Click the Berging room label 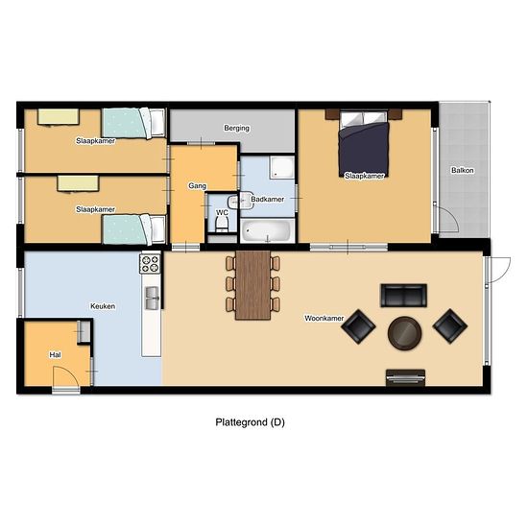click(237, 128)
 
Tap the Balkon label click(463, 170)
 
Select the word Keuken click(103, 306)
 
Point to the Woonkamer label click(324, 318)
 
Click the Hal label click(56, 355)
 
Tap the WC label click(222, 213)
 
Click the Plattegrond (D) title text click(251, 422)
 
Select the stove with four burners click(150, 264)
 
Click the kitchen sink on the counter click(152, 298)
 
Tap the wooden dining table click(253, 285)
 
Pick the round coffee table click(404, 333)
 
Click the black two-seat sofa click(404, 296)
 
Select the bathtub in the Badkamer click(268, 230)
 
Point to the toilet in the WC click(222, 224)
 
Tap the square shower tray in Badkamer click(281, 167)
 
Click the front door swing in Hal click(66, 376)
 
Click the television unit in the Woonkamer click(405, 377)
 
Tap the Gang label click(198, 186)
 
